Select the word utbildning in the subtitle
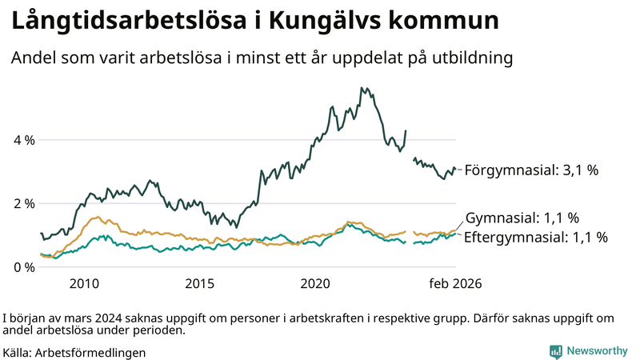[x=471, y=58]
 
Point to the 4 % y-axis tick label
[x=24, y=140]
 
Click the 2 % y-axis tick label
[x=24, y=203]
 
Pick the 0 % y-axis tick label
[x=24, y=266]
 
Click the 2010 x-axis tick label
[x=84, y=283]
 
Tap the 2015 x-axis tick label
[x=200, y=283]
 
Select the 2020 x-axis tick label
[x=315, y=283]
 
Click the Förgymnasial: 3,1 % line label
[x=531, y=170]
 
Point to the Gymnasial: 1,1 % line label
[x=522, y=218]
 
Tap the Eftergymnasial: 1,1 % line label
[x=535, y=237]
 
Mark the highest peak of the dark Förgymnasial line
[x=362, y=88]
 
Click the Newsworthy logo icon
[x=555, y=351]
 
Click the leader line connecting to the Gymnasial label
[x=459, y=223]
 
